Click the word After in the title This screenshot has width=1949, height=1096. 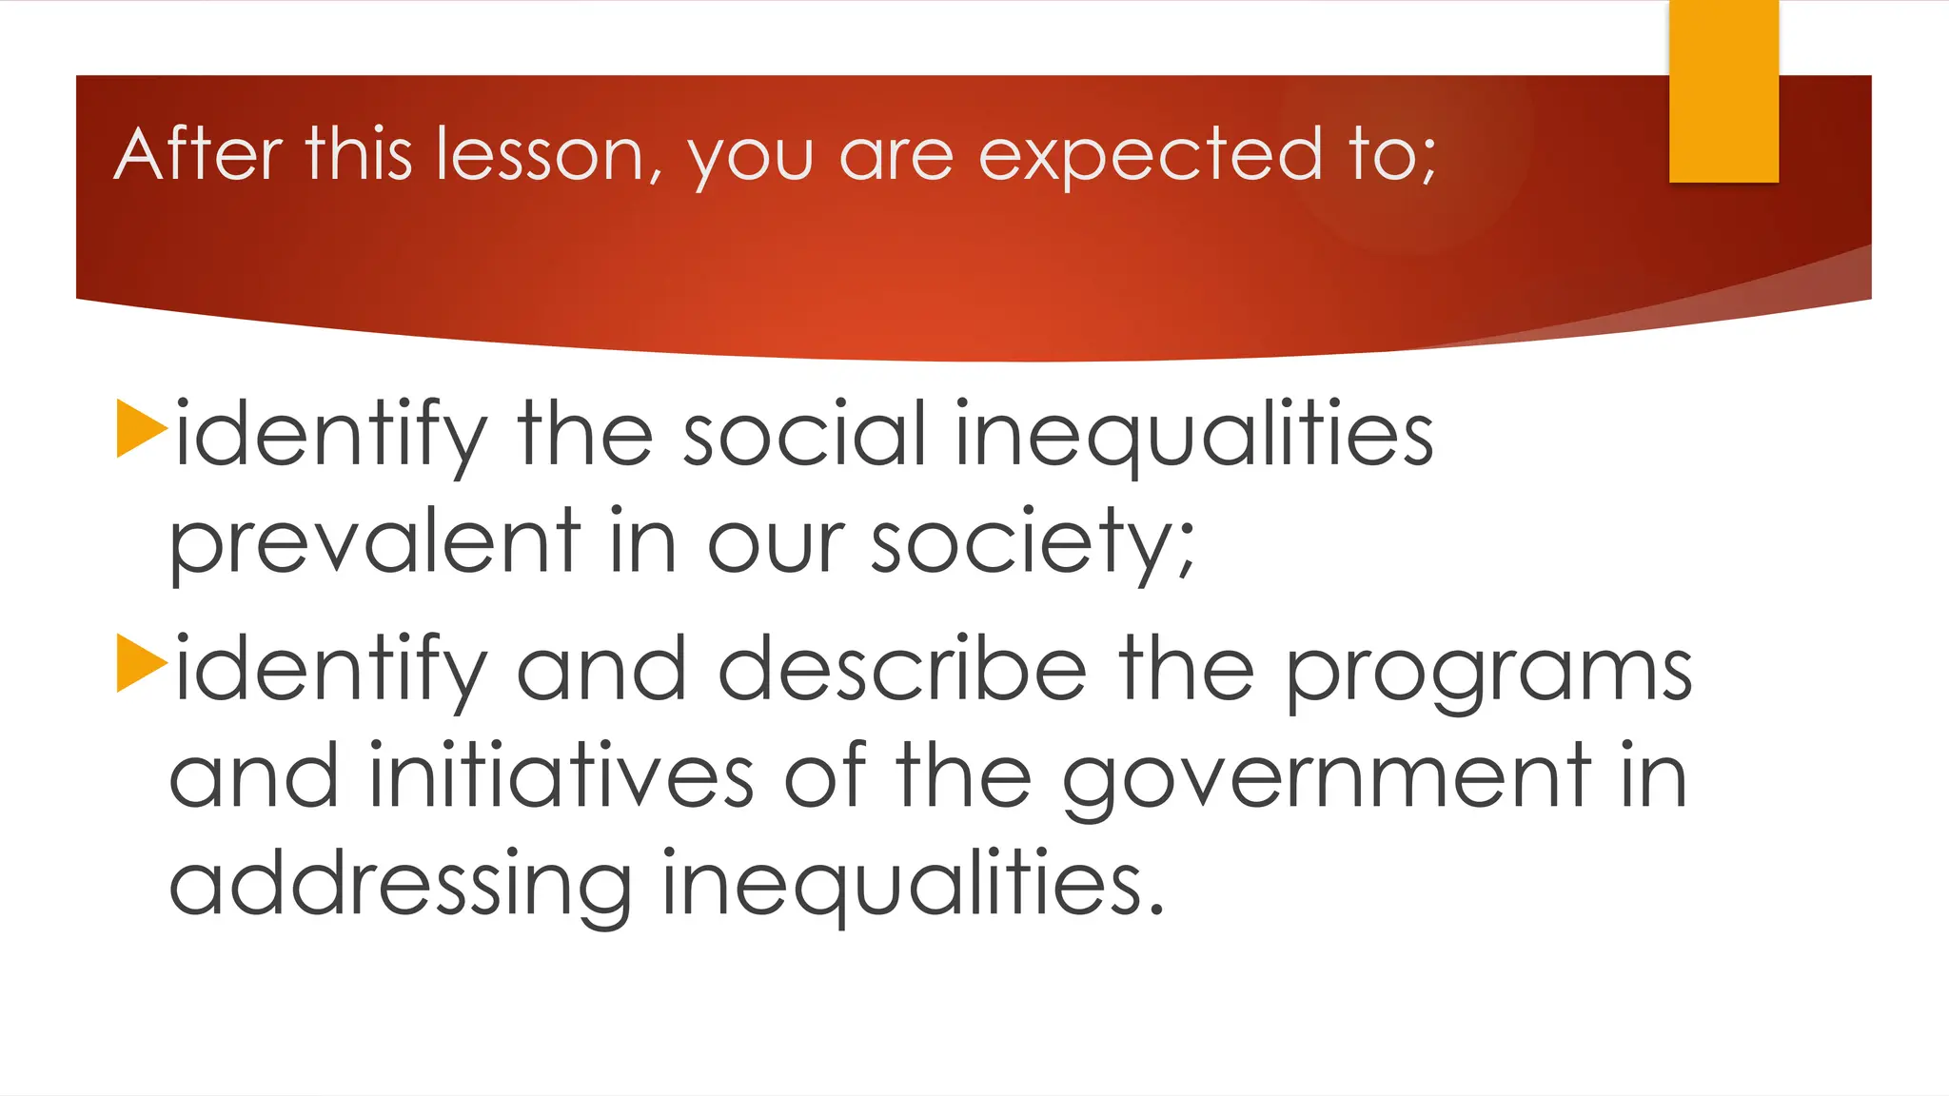[198, 154]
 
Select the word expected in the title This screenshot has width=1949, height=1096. [1150, 156]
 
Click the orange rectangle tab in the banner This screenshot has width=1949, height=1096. [1723, 91]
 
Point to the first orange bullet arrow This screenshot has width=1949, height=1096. [141, 429]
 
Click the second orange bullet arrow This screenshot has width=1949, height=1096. [141, 663]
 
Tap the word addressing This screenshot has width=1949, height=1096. [400, 885]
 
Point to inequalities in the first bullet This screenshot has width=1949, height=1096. [1193, 436]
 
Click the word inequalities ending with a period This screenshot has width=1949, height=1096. [912, 885]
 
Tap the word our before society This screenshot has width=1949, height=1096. [775, 544]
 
